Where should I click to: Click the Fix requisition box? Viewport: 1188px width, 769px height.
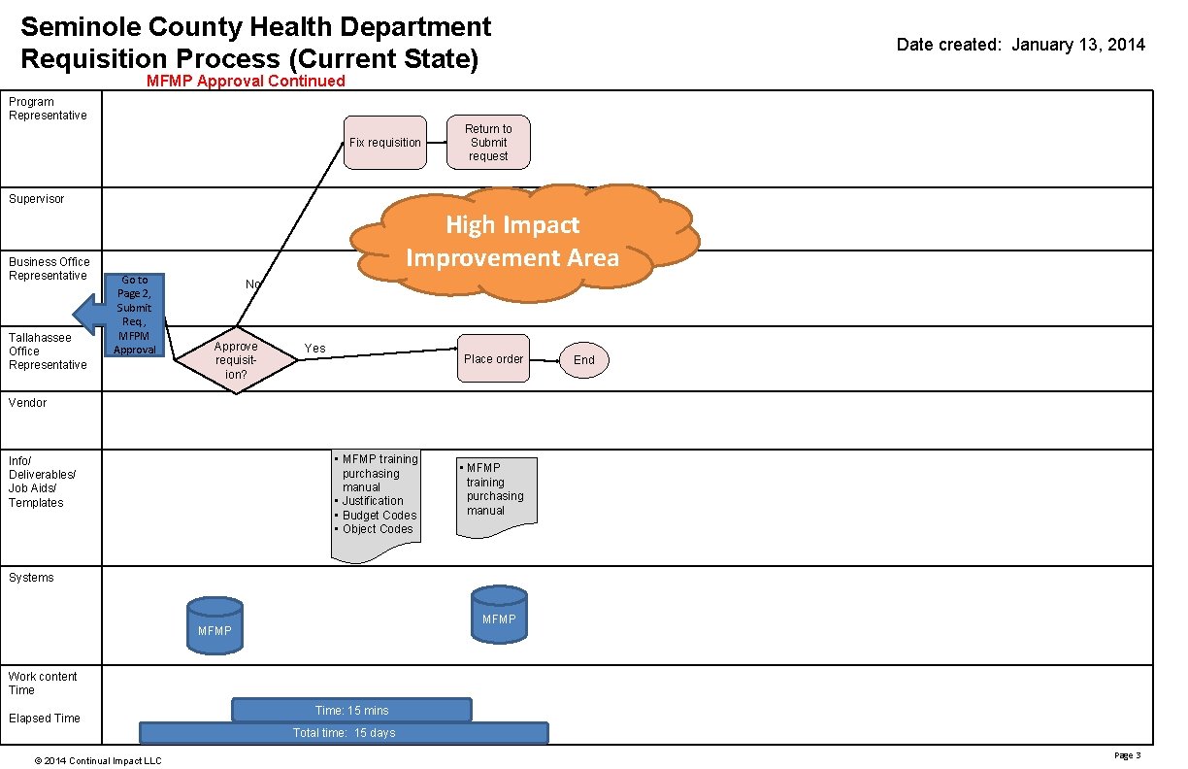385,143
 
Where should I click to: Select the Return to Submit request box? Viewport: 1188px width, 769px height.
488,142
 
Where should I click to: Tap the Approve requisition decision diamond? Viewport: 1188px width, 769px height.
236,360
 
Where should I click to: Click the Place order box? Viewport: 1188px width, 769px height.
493,359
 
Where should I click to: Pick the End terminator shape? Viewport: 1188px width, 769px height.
584,360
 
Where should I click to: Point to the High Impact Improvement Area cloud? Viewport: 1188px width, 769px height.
524,241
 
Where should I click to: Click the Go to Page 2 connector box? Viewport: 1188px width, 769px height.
135,315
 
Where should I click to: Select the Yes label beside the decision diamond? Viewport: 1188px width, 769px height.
315,349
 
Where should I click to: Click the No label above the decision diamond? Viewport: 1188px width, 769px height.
253,284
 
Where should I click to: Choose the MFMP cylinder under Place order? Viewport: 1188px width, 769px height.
499,616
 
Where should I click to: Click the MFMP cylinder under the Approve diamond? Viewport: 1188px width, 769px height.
214,624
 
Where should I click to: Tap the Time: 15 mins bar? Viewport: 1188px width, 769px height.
351,711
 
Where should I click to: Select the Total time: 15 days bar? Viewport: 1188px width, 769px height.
345,733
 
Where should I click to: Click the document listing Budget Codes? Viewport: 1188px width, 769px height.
376,505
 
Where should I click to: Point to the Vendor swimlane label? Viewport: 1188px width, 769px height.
28,403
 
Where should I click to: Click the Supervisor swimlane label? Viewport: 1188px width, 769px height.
37,199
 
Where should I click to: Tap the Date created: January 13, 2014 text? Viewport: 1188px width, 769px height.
1020,45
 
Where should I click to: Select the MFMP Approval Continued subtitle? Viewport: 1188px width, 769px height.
246,82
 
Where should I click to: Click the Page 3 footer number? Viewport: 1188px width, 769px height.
1127,755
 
